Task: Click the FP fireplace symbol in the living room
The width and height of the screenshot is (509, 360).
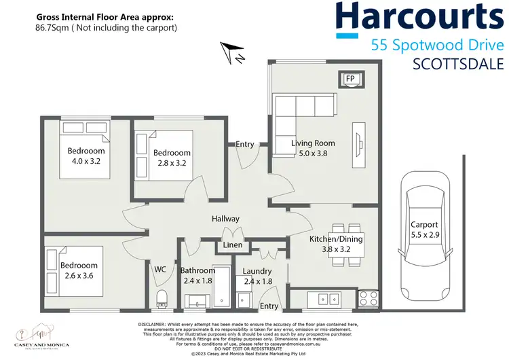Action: click(x=350, y=79)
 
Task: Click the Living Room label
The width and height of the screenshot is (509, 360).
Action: click(x=313, y=143)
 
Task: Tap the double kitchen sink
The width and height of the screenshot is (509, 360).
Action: click(x=322, y=298)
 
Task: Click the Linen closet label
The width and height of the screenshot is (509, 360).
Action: click(x=233, y=246)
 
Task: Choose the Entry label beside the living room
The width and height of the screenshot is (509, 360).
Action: click(x=245, y=144)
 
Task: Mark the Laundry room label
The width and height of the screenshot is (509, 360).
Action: click(x=257, y=272)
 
